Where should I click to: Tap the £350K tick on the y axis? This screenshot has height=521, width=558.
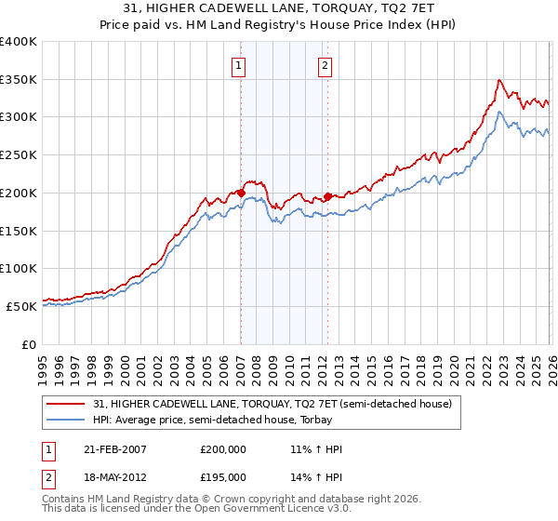coord(19,79)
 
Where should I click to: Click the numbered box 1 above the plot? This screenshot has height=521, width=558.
coord(239,65)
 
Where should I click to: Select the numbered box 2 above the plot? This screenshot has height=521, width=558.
coord(325,65)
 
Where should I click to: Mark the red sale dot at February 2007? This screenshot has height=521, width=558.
coord(241,193)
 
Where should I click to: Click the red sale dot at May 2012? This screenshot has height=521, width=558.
coord(327,196)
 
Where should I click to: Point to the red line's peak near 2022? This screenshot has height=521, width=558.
coord(499,80)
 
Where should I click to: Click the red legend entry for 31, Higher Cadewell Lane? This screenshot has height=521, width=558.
coord(272,403)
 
